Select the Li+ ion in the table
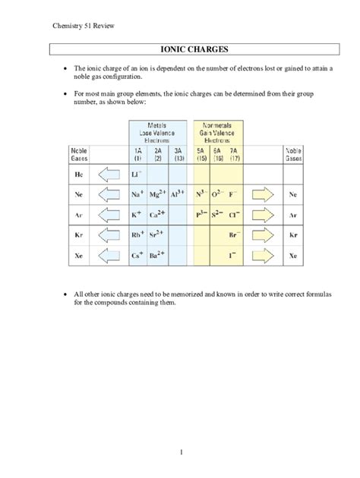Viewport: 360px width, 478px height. point(138,175)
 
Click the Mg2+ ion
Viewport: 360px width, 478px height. point(158,195)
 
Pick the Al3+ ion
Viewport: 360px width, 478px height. point(178,195)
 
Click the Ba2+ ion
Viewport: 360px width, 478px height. point(158,256)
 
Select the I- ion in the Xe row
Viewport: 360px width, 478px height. point(238,256)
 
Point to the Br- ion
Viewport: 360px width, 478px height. point(238,236)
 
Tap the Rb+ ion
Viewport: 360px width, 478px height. point(137,236)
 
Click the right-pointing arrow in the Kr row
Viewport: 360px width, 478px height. point(269,236)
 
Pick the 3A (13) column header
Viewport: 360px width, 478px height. point(178,156)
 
